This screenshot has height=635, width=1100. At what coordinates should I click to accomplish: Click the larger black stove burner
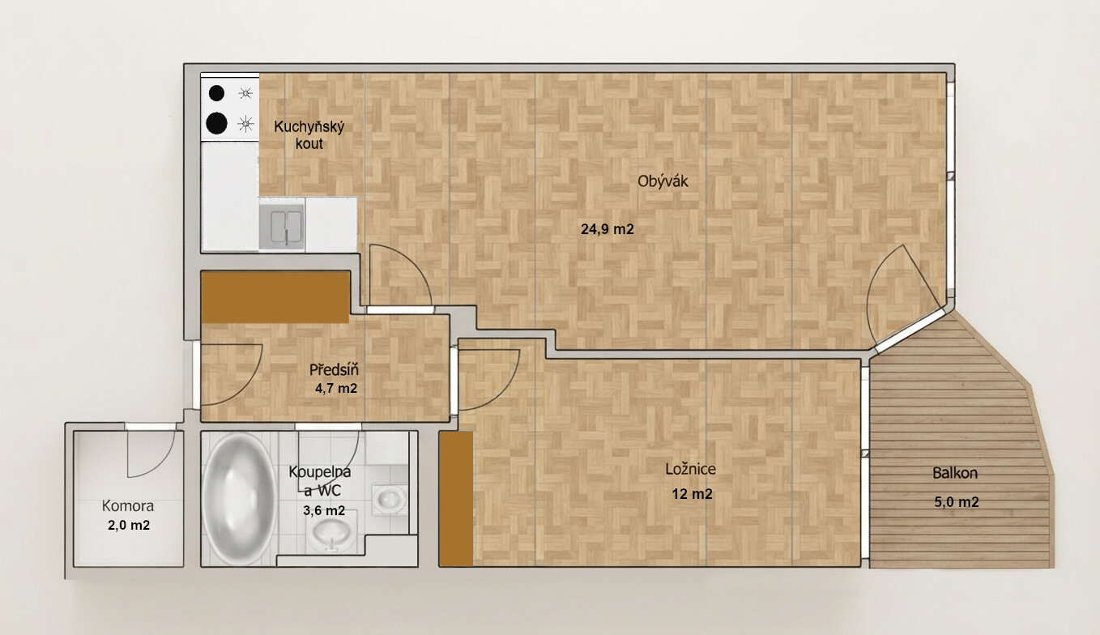(x=216, y=123)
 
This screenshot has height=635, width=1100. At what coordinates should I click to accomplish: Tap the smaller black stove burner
(x=216, y=93)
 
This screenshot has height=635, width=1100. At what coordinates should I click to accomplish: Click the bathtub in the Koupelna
(x=239, y=498)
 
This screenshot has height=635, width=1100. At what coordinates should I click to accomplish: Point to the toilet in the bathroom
(x=390, y=500)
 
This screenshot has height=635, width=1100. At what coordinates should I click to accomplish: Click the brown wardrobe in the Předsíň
(x=275, y=297)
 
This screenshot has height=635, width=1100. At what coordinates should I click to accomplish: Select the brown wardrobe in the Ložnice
(x=456, y=499)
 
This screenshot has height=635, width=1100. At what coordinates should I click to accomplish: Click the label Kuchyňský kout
(x=309, y=135)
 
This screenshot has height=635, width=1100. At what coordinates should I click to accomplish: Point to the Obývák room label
(x=663, y=181)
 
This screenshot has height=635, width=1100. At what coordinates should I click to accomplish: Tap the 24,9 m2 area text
(x=608, y=229)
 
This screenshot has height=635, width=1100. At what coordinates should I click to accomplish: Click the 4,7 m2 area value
(x=336, y=389)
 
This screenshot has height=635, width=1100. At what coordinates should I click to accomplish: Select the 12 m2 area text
(x=692, y=493)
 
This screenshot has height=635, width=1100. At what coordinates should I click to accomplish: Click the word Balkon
(x=955, y=473)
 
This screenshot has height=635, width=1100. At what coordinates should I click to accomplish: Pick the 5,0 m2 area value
(x=957, y=502)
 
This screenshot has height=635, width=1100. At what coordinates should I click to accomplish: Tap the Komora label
(x=128, y=505)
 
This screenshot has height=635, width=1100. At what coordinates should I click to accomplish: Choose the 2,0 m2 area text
(x=129, y=525)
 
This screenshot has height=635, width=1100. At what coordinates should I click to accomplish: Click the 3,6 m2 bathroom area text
(x=324, y=511)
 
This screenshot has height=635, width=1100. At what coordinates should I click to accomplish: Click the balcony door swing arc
(x=879, y=290)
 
